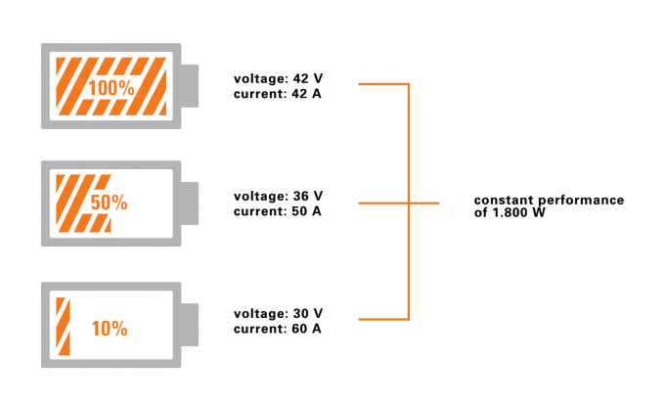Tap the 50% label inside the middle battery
coord(109,203)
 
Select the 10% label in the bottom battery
coord(110,329)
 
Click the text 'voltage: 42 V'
coord(278,78)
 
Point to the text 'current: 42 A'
coord(278,93)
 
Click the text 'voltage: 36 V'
coord(278,196)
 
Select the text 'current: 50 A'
coord(278,210)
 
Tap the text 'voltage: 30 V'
coord(278,313)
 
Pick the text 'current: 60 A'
coord(278,328)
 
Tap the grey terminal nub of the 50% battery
coord(190,203)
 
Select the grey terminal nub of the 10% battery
coord(190,325)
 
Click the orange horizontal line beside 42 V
coord(383,85)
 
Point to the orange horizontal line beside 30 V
coord(383,319)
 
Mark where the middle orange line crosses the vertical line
coord(408,203)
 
